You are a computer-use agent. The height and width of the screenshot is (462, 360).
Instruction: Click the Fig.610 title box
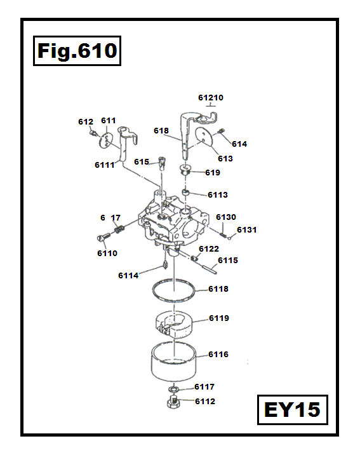click(x=76, y=51)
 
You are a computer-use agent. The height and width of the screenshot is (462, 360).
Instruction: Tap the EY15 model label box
click(x=292, y=409)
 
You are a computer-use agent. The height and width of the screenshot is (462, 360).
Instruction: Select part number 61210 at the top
click(x=211, y=98)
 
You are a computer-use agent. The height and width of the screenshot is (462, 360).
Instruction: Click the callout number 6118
click(x=218, y=289)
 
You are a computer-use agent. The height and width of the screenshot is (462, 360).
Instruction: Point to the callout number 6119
click(x=218, y=318)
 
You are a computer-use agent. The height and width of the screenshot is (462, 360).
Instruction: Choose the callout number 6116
click(x=218, y=354)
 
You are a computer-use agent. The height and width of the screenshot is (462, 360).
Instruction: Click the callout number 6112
click(x=204, y=401)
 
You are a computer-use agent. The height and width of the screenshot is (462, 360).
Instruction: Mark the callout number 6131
click(x=246, y=229)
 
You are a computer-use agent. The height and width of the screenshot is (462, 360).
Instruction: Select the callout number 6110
click(x=107, y=253)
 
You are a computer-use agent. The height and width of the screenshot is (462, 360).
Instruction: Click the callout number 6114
click(x=128, y=275)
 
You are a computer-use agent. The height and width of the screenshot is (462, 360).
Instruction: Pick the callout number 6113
click(x=218, y=194)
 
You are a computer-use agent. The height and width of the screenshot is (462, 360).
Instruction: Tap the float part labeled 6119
click(x=174, y=321)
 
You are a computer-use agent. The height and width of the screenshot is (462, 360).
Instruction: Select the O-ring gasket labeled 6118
click(x=173, y=292)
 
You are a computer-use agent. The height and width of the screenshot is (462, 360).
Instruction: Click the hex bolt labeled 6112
click(x=173, y=403)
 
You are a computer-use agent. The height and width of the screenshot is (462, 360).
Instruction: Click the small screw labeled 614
click(x=222, y=132)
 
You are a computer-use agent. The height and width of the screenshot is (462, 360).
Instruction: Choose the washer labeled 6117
click(x=173, y=388)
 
